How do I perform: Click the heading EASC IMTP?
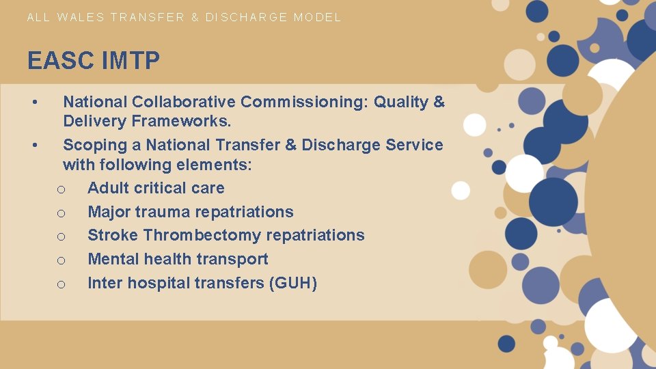click(x=94, y=61)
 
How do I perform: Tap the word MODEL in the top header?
click(x=317, y=17)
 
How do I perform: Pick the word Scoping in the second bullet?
click(x=102, y=145)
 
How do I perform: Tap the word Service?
click(x=414, y=145)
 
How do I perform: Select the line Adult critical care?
click(x=156, y=188)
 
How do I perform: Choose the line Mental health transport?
click(x=178, y=259)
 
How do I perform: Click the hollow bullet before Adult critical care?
click(x=61, y=189)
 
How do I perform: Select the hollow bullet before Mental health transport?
click(x=61, y=260)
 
